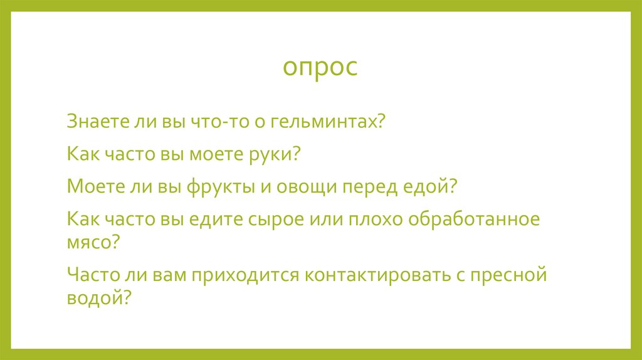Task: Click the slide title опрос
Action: [x=320, y=68]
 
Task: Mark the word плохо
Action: [x=376, y=220]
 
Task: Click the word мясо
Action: [x=88, y=241]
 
